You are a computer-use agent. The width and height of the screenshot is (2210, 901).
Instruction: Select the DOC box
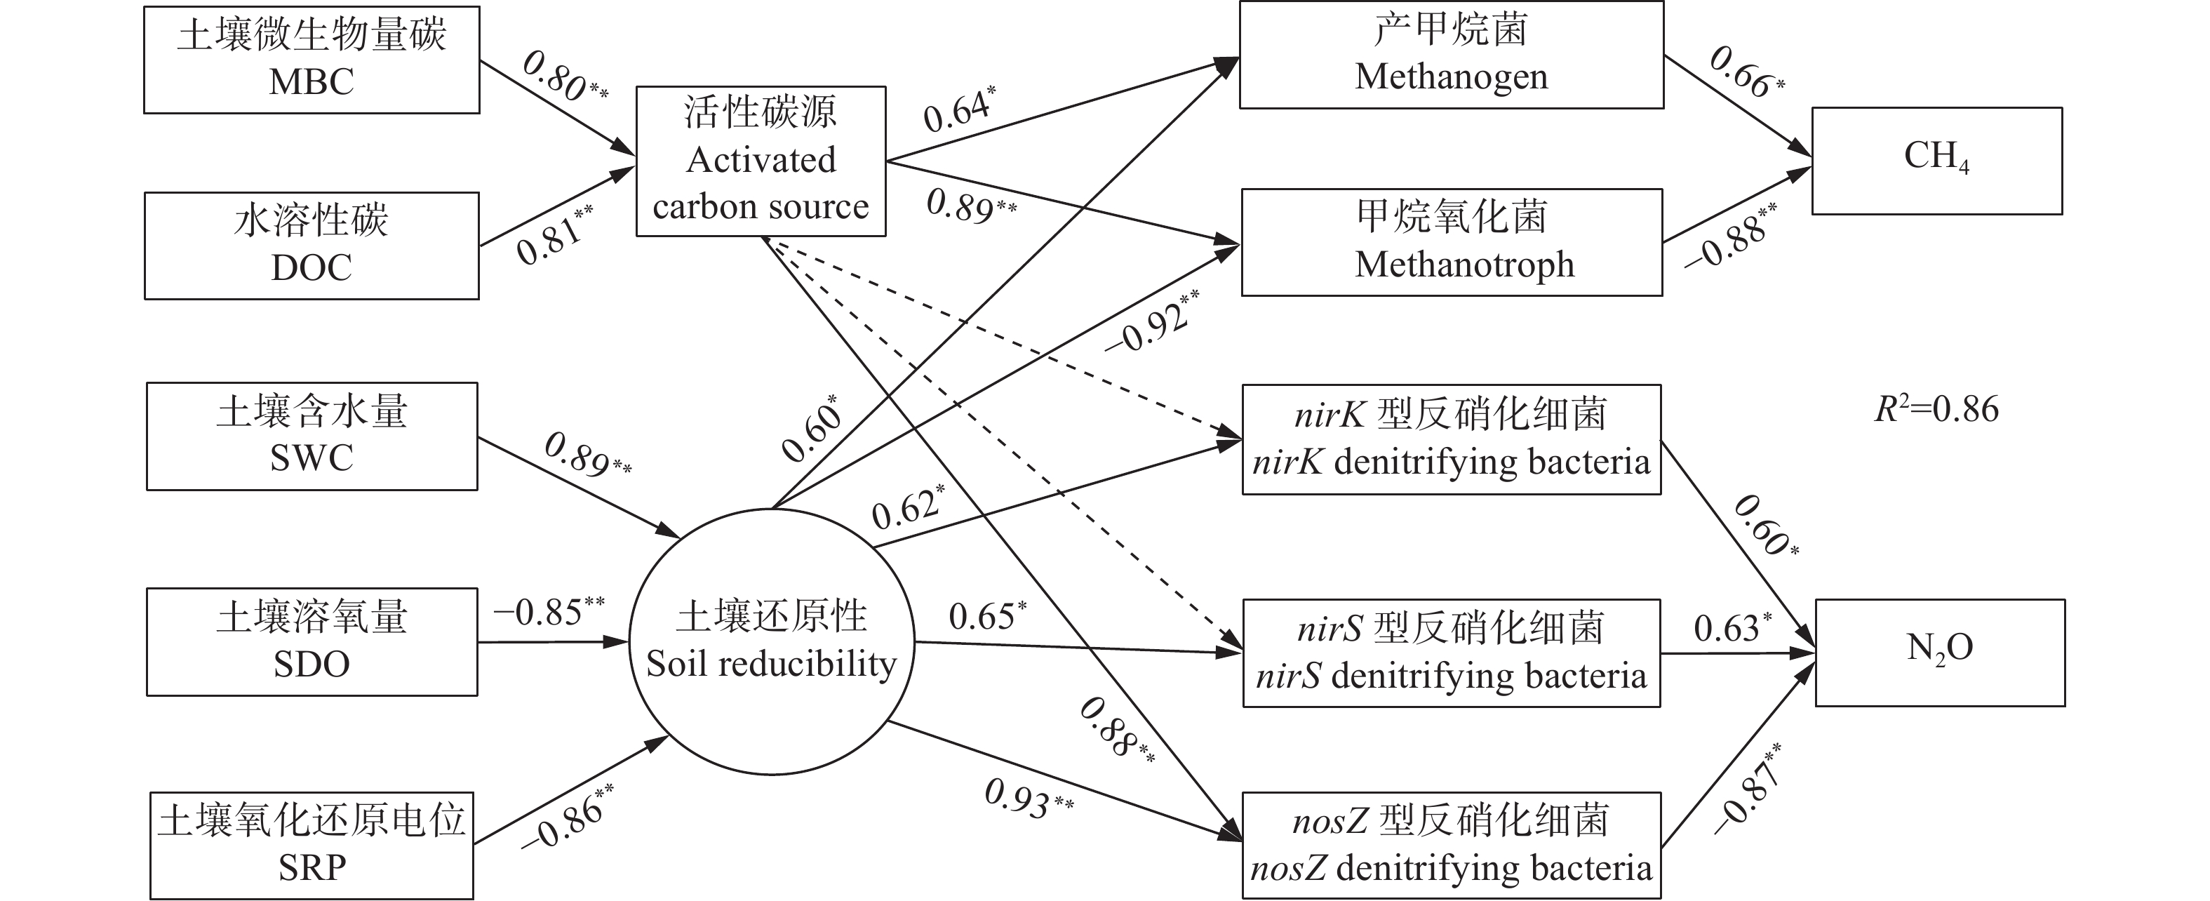coord(312,246)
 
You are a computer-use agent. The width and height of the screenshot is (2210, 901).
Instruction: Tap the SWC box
coord(312,436)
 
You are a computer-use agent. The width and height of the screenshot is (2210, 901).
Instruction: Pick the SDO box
coord(312,641)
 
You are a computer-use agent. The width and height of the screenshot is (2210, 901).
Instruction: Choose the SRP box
coord(312,846)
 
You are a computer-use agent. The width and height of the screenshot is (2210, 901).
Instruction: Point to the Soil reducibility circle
coord(771,641)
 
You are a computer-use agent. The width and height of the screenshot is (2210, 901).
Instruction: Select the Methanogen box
coord(1451,55)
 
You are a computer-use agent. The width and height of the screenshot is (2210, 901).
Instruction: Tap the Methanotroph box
coord(1452,242)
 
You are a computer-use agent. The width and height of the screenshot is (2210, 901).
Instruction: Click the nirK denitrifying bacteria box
coord(1451,439)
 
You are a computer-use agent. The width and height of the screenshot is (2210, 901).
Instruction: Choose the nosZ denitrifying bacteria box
coord(1451,846)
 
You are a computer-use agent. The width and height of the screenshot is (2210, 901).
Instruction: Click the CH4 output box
coord(1936,161)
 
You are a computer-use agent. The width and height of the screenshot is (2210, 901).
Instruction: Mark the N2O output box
coord(1939,652)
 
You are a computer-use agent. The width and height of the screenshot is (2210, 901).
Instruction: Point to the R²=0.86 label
coord(1936,409)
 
